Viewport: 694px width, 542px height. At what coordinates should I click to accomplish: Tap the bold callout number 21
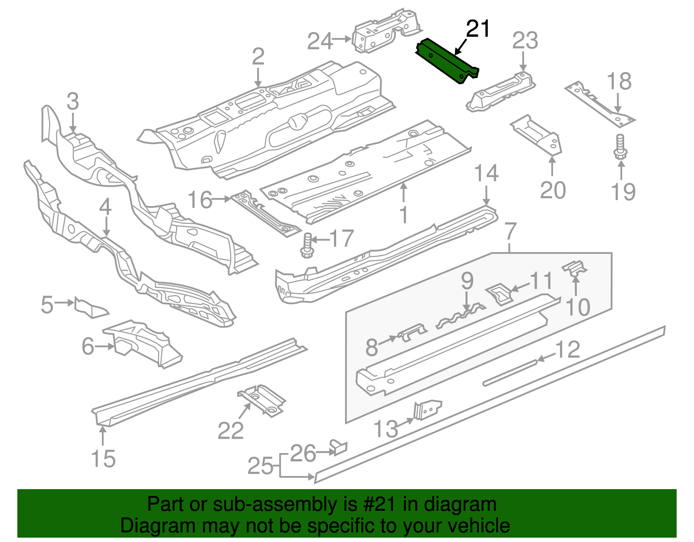tap(478, 29)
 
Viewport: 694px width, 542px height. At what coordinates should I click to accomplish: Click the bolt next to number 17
tap(307, 245)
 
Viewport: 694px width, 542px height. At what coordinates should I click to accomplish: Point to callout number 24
tap(320, 41)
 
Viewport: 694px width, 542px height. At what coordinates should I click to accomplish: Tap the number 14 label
tap(486, 174)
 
